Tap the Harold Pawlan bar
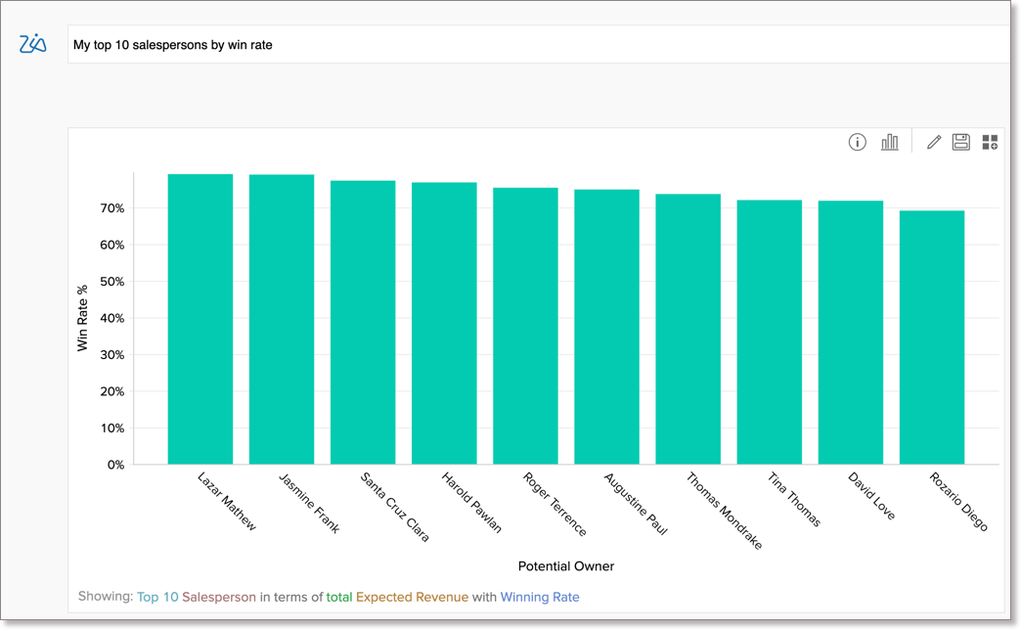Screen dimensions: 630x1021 point(444,323)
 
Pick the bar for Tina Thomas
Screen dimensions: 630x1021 point(769,333)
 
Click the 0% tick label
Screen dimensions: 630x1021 point(115,465)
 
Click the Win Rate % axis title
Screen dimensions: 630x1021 point(83,318)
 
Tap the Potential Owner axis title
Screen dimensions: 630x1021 point(566,566)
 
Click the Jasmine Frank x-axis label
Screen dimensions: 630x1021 point(310,503)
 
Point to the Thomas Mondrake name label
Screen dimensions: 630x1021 point(724,511)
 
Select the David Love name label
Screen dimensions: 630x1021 point(871,496)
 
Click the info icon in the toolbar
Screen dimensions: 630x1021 point(858,143)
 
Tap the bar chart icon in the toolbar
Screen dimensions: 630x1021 point(889,143)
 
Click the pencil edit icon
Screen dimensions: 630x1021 point(934,143)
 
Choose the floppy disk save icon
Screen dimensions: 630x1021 point(961,143)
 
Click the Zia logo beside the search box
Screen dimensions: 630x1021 point(33,44)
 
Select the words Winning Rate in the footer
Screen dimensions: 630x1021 point(540,597)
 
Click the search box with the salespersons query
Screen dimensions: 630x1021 point(538,44)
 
